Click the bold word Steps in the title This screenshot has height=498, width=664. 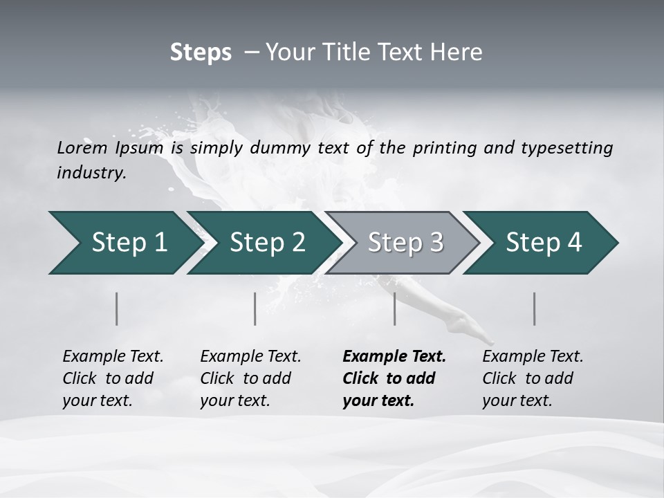tap(201, 53)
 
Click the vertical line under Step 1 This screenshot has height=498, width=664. tap(117, 308)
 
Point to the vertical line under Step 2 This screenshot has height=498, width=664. tap(255, 308)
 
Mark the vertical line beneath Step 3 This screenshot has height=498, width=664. tap(394, 308)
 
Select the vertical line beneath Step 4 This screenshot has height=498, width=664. tap(534, 308)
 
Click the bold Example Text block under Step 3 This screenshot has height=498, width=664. tap(394, 378)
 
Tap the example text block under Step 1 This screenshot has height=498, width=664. tap(113, 378)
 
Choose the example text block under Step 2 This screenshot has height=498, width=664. tap(250, 378)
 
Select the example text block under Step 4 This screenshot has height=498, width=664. tap(533, 378)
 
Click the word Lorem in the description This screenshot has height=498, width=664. tap(82, 148)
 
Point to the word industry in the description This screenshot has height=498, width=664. tap(91, 173)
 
